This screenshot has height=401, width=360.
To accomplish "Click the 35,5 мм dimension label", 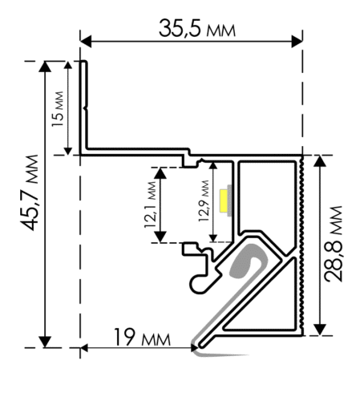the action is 197,28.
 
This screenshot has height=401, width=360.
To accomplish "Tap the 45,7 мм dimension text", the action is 30,192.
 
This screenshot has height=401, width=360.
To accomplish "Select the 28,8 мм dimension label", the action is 333,244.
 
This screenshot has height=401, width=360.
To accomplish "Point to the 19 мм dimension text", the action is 142,338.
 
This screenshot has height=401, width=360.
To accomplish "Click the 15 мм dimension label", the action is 58,109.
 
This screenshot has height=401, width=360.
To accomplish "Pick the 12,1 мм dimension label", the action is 150,205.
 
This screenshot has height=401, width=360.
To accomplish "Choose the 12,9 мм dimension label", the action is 204,201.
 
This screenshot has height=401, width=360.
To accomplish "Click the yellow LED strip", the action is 223,200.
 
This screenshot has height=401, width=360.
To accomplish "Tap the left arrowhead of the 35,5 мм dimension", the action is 86,42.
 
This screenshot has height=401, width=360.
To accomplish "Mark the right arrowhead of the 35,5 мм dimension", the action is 297,42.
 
